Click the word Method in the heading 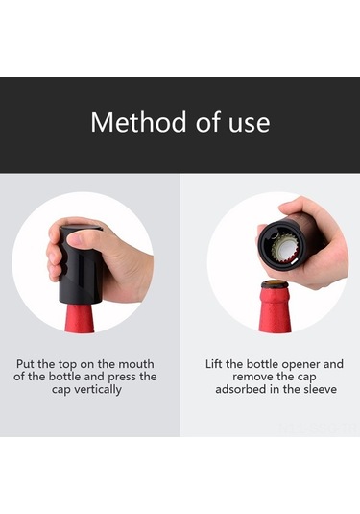point(138,122)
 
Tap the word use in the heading point(250,125)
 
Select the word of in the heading point(208,122)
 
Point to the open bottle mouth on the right point(275,283)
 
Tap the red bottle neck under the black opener point(80,318)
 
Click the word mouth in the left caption point(136,364)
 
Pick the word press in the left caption point(122,378)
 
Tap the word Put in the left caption point(25,364)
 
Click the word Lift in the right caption point(214,364)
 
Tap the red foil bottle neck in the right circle point(275,309)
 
